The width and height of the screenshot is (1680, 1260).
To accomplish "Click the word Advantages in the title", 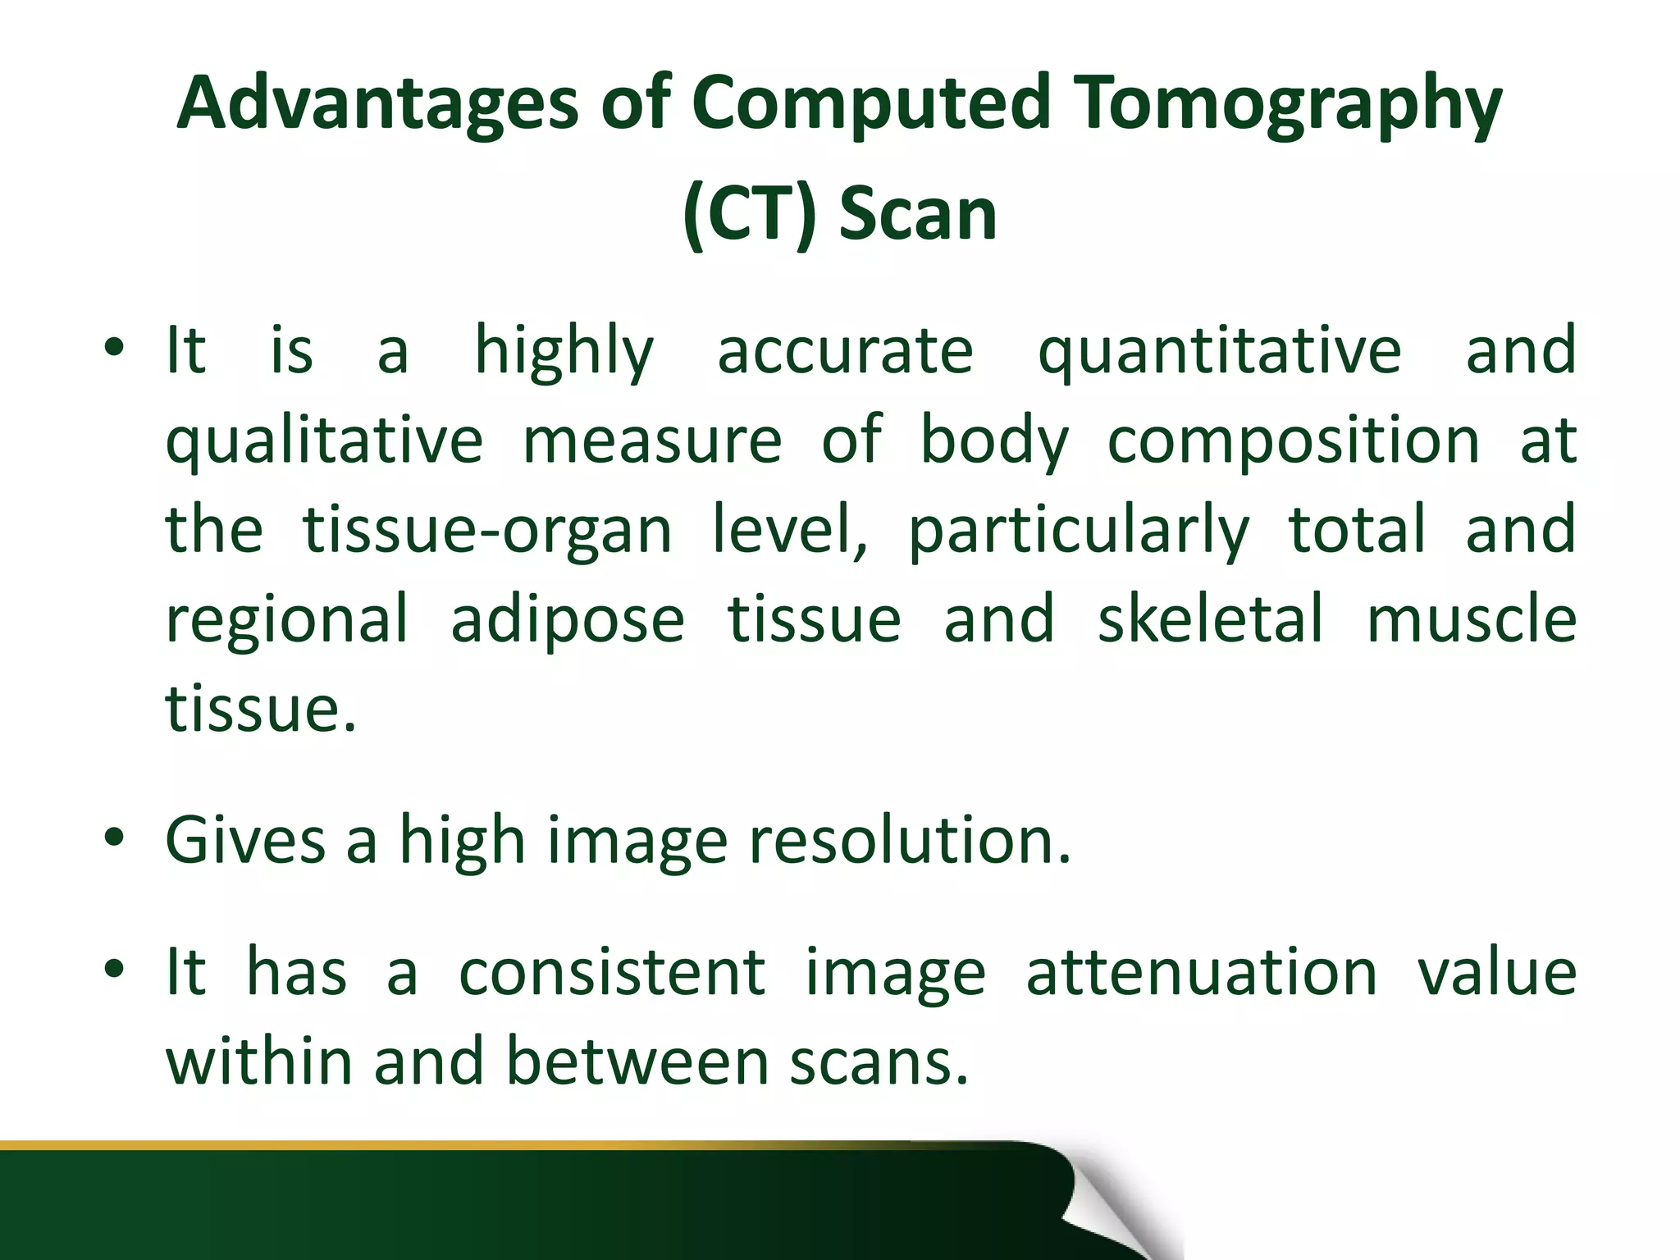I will coord(377,103).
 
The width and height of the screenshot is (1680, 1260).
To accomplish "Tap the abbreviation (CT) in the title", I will coord(749,214).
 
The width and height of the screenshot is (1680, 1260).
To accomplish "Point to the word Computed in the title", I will coord(870,103).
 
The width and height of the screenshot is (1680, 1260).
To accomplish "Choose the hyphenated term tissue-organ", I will coord(487,531).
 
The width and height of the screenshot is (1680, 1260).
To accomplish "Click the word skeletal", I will coord(1211,619).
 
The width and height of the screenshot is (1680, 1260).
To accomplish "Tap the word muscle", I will coord(1471,619).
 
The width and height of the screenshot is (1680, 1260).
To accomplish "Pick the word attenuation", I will coord(1202,973).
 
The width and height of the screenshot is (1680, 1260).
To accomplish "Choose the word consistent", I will coord(612,973).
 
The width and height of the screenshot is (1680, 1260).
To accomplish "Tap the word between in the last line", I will coord(637,1061).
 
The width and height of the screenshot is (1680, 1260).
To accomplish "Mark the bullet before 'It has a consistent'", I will coord(114,970).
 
